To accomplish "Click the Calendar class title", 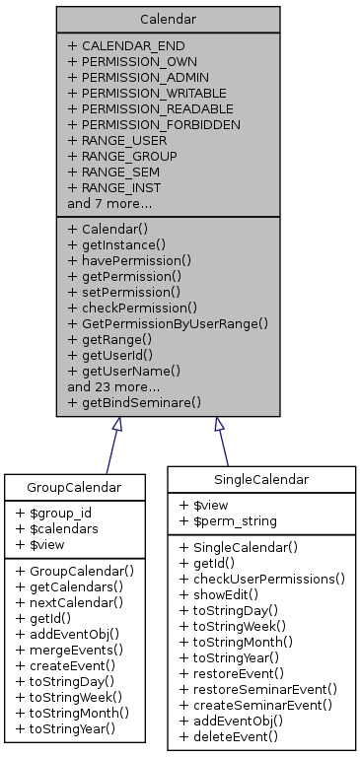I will point(168,19).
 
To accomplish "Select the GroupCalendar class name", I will point(74,487).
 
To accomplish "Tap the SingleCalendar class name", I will point(261,479).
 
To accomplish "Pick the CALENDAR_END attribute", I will point(125,45).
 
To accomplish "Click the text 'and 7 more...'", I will point(109,203).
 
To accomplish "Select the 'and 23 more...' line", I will point(112,386).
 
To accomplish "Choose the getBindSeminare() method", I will point(134,402).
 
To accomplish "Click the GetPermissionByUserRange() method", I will point(168,323).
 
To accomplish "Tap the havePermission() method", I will point(129,260).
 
